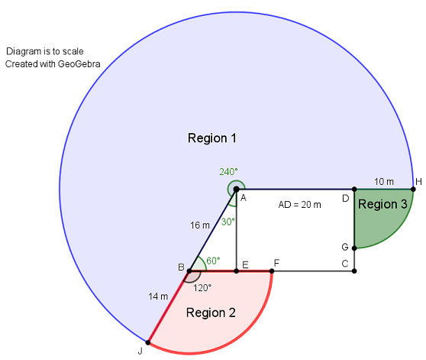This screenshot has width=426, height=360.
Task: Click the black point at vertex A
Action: point(237,189)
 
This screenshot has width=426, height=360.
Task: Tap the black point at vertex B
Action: point(189,271)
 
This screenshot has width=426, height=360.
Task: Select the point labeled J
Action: point(148,342)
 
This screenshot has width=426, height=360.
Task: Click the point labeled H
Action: point(413,189)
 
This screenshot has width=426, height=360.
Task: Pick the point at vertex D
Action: point(354,189)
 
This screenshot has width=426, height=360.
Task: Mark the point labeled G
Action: point(354,248)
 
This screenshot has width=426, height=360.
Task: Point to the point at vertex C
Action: point(354,271)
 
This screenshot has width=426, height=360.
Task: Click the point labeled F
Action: point(272,271)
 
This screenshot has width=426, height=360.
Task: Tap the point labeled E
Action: point(237,271)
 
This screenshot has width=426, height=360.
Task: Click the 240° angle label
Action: point(228,172)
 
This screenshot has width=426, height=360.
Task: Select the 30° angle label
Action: point(228,222)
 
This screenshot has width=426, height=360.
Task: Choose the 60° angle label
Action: point(213,261)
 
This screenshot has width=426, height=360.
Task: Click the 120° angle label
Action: point(202,287)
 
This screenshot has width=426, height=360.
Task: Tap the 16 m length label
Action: point(200,225)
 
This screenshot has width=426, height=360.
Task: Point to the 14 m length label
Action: point(158,297)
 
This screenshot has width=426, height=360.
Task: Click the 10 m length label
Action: point(384,182)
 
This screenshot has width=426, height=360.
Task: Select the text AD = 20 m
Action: point(300,205)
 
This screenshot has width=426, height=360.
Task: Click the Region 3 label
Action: point(382,204)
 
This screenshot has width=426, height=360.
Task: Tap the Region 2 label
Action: point(211,313)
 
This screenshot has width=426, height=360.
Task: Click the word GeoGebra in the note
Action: point(79,64)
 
